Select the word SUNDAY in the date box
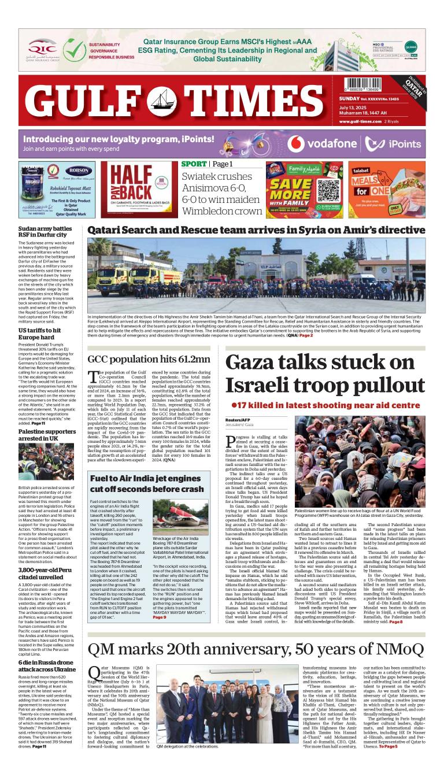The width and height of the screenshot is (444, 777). [351, 99]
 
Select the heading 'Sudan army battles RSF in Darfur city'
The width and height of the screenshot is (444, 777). [45, 233]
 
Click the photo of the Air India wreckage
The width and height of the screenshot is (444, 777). [180, 517]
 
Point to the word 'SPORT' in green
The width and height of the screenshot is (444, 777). [194, 164]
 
